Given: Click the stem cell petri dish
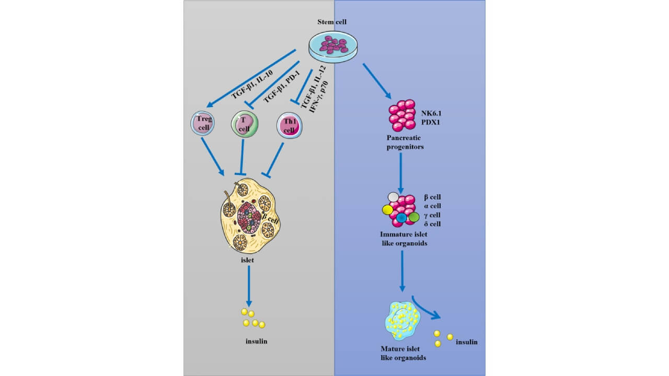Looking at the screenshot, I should click(333, 46).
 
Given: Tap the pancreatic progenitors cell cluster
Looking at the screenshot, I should click(402, 115).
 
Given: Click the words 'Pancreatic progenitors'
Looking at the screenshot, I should click(403, 142).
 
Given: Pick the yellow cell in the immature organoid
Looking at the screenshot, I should click(388, 210).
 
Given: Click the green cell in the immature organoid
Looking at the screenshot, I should click(414, 216).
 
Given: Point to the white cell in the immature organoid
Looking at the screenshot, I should click(393, 197).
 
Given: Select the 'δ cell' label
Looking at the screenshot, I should click(432, 224).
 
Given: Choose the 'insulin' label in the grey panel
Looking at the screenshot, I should click(256, 342).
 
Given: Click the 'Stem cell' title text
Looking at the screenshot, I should click(332, 21).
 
